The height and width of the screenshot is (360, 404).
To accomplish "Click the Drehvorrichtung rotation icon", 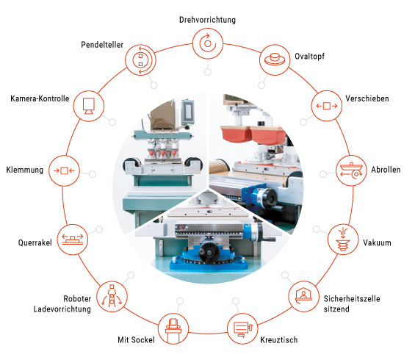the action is (208, 43).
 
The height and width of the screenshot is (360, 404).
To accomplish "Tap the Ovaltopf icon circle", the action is (275, 60).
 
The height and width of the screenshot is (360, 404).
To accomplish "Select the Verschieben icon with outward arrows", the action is (327, 106).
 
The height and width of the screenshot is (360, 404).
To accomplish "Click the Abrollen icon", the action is (351, 170).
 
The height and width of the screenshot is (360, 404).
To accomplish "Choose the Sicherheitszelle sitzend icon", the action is (303, 296).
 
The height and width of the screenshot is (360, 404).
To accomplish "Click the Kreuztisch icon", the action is (242, 329).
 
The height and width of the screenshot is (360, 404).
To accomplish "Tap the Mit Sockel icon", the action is (173, 329).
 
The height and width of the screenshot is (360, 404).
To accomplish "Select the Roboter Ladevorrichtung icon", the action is (112, 296).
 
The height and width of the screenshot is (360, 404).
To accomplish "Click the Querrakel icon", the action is (73, 240).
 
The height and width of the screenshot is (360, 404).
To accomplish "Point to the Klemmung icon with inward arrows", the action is (64, 170).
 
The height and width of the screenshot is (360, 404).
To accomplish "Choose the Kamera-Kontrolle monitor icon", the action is (89, 106).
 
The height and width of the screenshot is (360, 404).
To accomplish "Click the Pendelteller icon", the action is (140, 60).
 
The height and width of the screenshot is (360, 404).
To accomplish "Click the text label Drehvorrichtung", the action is (207, 20).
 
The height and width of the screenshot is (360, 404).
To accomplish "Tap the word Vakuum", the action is (377, 242).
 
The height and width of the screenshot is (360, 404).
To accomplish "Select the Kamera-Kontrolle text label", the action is (40, 98).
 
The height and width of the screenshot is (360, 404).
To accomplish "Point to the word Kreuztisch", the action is (279, 339).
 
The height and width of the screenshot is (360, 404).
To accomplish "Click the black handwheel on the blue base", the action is (209, 252).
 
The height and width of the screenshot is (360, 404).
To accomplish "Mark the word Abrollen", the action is (386, 170).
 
